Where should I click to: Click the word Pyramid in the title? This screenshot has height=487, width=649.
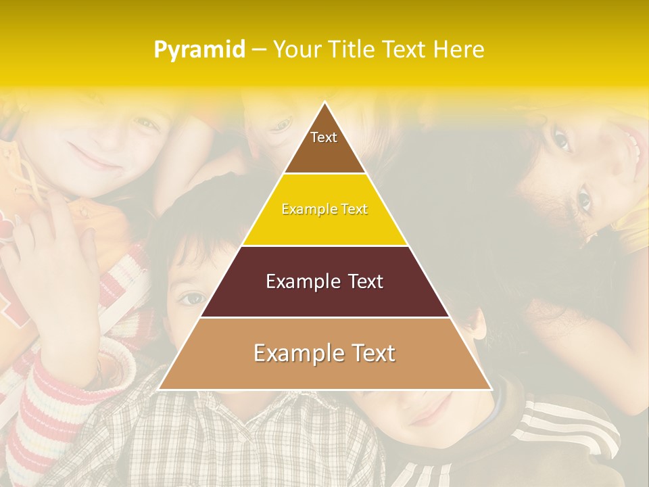click(x=199, y=50)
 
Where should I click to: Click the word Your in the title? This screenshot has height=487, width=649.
click(x=296, y=50)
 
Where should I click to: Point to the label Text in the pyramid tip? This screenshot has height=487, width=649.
click(x=324, y=137)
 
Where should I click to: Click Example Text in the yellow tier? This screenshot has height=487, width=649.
click(x=324, y=210)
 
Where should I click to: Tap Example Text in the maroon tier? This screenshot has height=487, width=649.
click(x=324, y=281)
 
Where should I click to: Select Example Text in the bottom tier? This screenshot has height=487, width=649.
click(x=324, y=353)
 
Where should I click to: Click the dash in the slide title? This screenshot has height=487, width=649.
click(x=259, y=50)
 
